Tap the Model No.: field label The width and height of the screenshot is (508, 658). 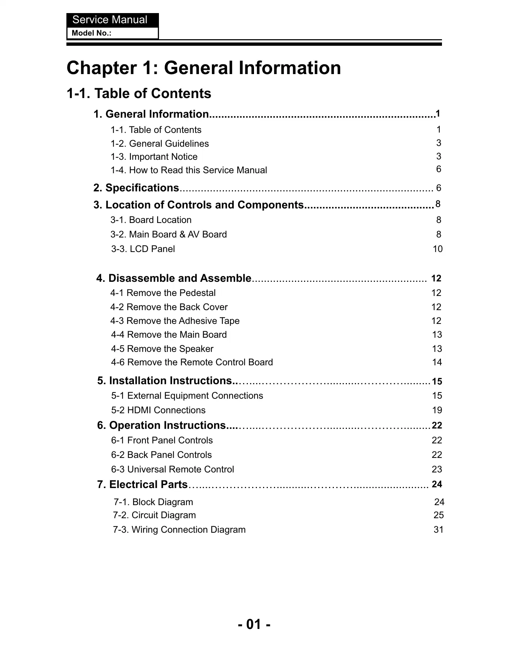point(91,33)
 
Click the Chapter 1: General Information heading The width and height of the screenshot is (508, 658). point(204,68)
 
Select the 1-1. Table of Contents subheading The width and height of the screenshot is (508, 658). point(139,93)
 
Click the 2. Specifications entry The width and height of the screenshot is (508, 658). point(136,188)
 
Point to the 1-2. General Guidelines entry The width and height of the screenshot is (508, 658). point(160,143)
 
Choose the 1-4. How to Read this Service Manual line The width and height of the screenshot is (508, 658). point(189,170)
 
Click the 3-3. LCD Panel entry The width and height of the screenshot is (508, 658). point(143,249)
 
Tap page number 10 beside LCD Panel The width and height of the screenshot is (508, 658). point(438,249)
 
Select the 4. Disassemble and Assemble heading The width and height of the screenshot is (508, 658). point(174,278)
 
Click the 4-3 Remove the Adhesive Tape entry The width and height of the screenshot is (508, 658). point(175,321)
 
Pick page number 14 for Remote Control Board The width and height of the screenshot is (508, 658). point(437,362)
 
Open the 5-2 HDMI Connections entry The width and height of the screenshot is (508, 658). point(158,410)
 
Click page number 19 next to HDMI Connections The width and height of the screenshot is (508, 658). point(437,410)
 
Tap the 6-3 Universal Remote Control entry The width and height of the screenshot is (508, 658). point(172,469)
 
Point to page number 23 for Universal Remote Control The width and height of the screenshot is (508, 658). point(437,469)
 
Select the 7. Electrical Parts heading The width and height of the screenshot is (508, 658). point(142,484)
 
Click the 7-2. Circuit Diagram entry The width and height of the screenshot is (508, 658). point(154,515)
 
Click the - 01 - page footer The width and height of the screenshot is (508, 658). point(254,624)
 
